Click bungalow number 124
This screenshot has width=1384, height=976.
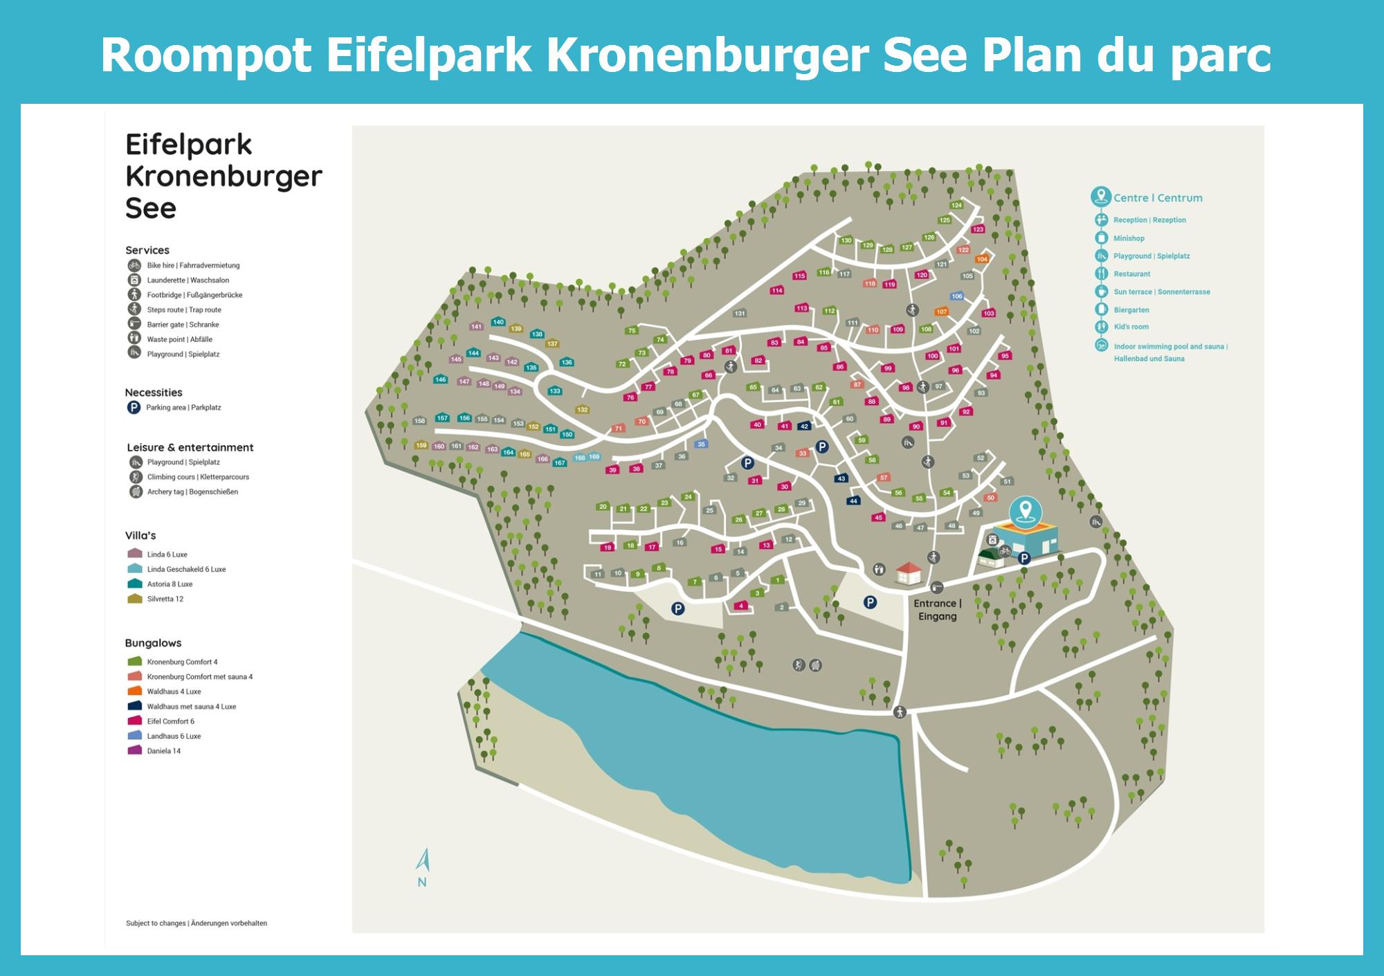(x=956, y=205)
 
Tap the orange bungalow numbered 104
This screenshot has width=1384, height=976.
(x=982, y=259)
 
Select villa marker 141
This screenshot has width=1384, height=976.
(x=476, y=326)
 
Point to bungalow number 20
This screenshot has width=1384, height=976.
(x=602, y=507)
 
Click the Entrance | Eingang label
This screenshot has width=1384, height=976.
(x=937, y=610)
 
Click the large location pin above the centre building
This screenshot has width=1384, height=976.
(x=1025, y=511)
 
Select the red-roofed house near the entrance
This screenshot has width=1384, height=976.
(x=908, y=572)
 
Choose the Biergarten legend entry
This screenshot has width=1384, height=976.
(x=1131, y=310)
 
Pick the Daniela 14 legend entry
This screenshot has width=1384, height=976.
(x=163, y=751)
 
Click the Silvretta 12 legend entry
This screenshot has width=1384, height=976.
(x=165, y=599)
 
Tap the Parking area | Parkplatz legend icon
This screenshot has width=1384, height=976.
(x=134, y=408)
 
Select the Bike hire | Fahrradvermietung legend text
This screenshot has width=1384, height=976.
(x=193, y=266)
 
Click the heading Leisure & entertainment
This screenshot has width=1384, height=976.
(x=190, y=448)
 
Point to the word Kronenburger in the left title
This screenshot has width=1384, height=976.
(x=224, y=177)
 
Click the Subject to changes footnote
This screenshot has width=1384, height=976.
(x=196, y=923)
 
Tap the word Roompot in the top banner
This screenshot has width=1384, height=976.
(x=206, y=55)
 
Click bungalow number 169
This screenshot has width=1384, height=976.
(x=594, y=457)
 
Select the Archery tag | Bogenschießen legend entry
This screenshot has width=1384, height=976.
(x=192, y=492)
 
